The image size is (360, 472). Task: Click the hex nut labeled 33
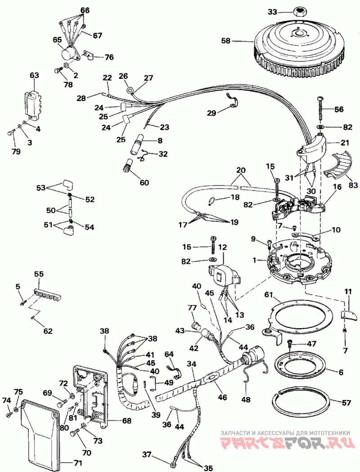coord(299,12)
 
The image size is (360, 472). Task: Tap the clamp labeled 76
coord(90,56)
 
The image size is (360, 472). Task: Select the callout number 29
coord(212,113)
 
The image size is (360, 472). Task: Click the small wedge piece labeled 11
coord(349,315)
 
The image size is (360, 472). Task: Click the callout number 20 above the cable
coord(240,170)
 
